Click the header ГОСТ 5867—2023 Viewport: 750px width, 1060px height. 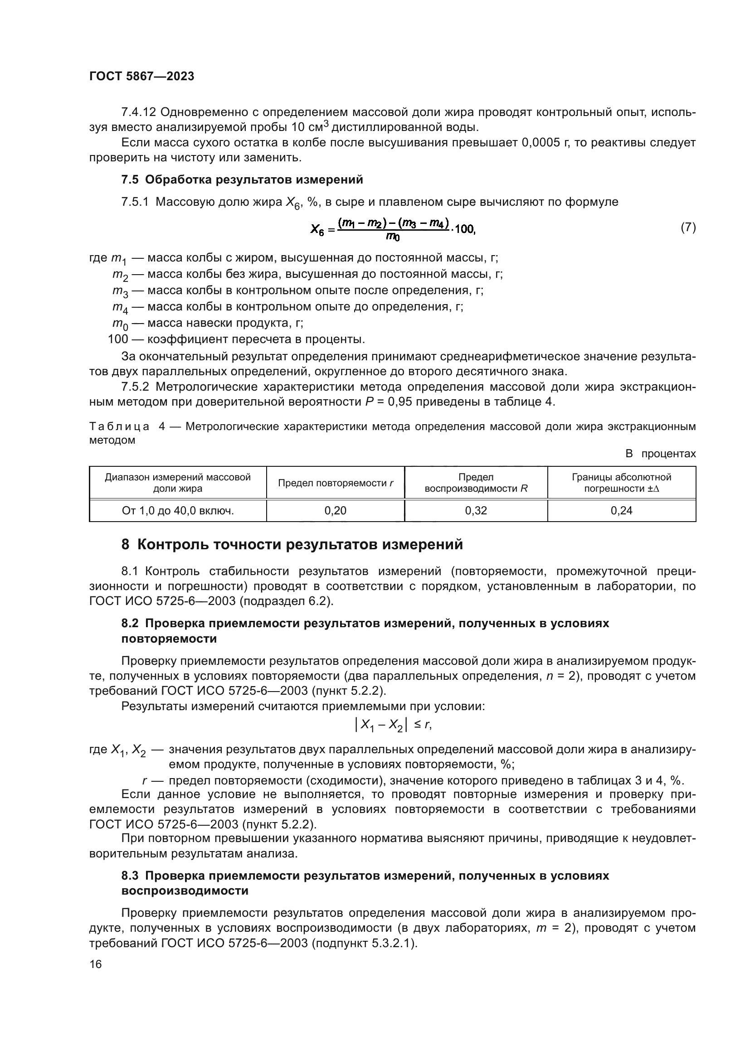(x=141, y=77)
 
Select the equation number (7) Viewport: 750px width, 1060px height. (x=688, y=227)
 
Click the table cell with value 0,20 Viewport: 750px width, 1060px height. (x=335, y=511)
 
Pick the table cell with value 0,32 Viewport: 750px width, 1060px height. (x=476, y=511)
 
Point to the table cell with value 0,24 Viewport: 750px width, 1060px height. (x=621, y=511)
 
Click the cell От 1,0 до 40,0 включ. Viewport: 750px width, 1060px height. (x=178, y=511)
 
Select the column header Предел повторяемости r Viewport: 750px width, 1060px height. (x=335, y=483)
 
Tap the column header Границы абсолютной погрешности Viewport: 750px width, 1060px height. (x=621, y=483)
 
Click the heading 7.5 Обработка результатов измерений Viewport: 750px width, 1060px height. (x=242, y=180)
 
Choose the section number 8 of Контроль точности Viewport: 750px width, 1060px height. (x=125, y=545)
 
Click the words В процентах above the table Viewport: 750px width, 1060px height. (x=660, y=454)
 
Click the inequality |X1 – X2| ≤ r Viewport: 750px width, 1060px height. (x=393, y=725)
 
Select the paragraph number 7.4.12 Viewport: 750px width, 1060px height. (x=139, y=112)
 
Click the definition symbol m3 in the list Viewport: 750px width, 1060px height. (x=120, y=291)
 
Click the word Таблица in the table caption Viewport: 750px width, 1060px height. (x=119, y=426)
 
